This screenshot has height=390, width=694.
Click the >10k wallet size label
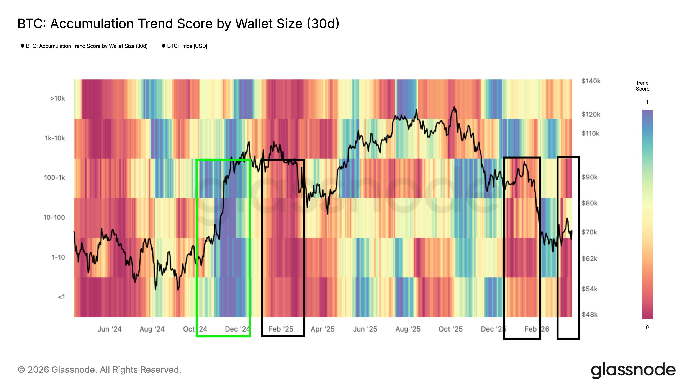tap(57, 99)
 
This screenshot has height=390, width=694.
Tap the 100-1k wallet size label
tap(54, 178)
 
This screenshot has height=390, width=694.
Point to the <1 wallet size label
tap(61, 297)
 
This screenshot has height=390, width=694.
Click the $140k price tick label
tap(591, 81)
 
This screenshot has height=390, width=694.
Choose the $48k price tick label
tap(589, 314)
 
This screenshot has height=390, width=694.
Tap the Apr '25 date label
tap(322, 329)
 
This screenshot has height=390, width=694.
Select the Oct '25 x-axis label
tap(450, 329)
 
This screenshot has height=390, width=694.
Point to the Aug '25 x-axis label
tap(408, 329)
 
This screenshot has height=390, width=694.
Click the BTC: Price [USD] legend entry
tap(187, 46)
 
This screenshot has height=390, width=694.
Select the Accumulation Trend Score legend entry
tap(87, 46)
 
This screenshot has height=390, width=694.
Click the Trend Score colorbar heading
tap(642, 86)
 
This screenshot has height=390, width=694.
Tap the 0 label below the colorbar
tap(647, 328)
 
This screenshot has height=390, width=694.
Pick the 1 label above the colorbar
tap(647, 102)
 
